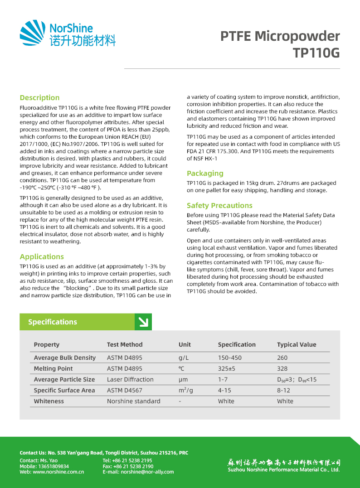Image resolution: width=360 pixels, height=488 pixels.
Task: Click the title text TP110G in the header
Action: coord(316,53)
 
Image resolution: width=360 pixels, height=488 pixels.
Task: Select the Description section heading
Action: coord(39,97)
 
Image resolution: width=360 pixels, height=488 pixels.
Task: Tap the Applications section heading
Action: coord(42,256)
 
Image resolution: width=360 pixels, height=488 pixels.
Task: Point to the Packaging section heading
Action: coord(205,173)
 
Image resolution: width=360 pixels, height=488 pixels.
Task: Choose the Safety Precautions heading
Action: coord(219,205)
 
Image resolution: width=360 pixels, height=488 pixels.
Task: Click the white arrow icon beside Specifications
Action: coord(143,322)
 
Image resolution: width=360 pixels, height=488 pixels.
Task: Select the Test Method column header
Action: coord(125,344)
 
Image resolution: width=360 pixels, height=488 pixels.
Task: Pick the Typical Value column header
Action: coord(297,344)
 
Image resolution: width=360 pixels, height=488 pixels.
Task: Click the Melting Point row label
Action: coord(53,368)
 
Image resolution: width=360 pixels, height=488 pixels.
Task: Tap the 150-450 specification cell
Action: coord(229,358)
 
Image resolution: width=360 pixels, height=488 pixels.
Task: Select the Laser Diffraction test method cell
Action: coord(130,379)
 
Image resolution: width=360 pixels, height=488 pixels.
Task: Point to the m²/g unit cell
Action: coord(186,390)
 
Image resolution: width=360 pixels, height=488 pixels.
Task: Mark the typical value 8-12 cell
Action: coord(283,390)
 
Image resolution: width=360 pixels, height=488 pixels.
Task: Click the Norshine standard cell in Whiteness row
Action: coord(133,401)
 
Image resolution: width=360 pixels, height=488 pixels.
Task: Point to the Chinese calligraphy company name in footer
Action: coord(284,463)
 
